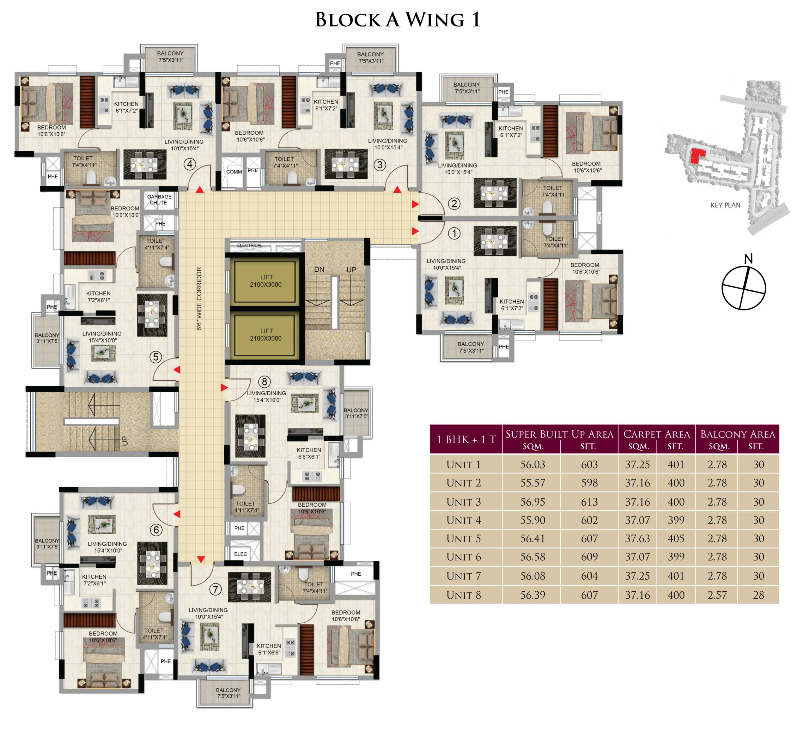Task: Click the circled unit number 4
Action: (190, 164)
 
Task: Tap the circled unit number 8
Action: (264, 382)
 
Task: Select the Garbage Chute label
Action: (159, 199)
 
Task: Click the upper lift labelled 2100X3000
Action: (266, 281)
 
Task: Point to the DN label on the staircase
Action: (319, 269)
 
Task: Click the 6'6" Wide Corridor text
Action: (199, 299)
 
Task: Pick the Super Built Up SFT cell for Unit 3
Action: (589, 502)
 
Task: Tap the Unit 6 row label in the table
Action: (464, 557)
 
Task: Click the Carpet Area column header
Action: (656, 434)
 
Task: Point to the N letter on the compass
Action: (748, 259)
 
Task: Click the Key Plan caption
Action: (725, 205)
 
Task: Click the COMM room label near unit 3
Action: (234, 172)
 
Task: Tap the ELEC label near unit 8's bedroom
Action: (240, 554)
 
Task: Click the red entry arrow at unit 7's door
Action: (201, 559)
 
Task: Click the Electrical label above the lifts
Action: (249, 245)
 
